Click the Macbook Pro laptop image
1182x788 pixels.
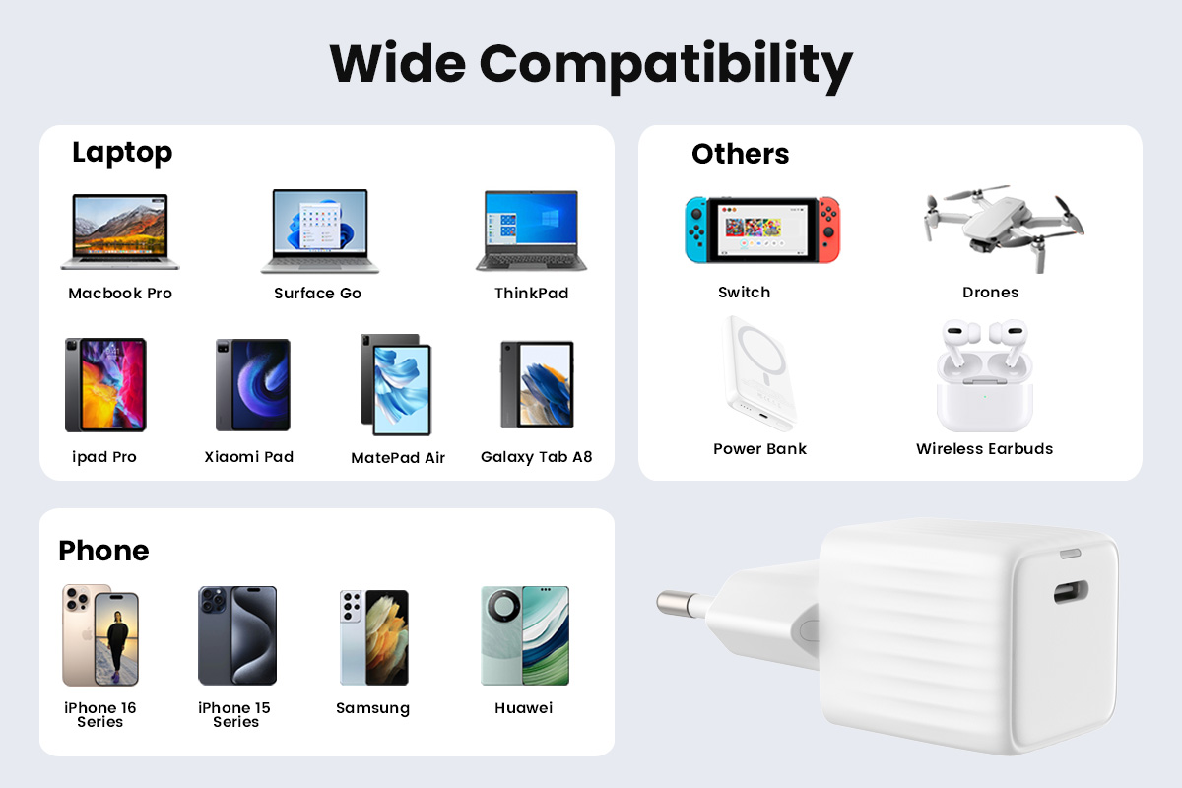tap(120, 231)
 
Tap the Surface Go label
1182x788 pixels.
tap(317, 293)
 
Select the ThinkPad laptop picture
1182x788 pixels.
tap(531, 230)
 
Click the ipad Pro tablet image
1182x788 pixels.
tap(105, 385)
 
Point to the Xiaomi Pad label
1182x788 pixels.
tap(248, 456)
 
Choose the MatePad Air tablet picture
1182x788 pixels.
tap(396, 384)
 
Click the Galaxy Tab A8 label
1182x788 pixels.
tap(536, 457)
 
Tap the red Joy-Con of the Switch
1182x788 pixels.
tap(829, 230)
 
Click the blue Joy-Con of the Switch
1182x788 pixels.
tap(696, 230)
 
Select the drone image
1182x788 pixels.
tap(1003, 228)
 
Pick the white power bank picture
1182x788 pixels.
tap(759, 373)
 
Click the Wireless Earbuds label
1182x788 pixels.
tap(984, 448)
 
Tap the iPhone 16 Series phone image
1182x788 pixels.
tap(100, 635)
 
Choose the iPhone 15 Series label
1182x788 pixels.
tap(234, 715)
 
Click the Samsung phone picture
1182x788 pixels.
tap(374, 637)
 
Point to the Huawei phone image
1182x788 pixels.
tap(525, 635)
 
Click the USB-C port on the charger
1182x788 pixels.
tap(1071, 592)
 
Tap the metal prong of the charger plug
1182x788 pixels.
tap(682, 604)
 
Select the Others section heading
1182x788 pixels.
tap(741, 154)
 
